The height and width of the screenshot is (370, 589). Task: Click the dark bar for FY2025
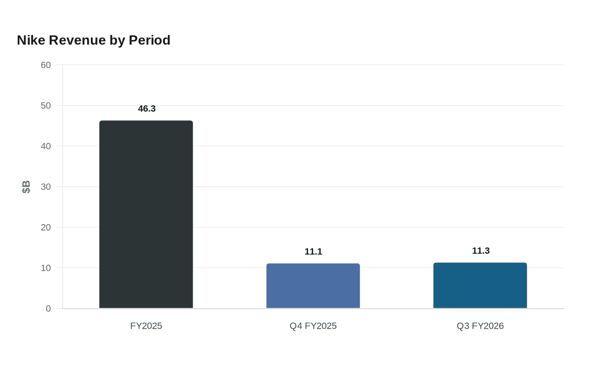(146, 214)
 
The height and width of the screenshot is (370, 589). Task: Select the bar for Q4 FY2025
(313, 285)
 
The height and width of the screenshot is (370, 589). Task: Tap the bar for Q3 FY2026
(480, 285)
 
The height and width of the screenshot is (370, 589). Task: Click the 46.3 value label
(147, 108)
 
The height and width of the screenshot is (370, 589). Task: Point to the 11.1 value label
(313, 251)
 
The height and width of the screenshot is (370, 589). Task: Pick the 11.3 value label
(480, 251)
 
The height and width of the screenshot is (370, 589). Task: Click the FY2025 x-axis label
(146, 326)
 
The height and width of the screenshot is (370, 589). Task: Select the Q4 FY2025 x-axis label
(313, 326)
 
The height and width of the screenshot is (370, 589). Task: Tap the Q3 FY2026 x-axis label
(480, 326)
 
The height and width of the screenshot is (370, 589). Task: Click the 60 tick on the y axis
(46, 65)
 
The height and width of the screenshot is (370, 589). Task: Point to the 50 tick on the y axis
(46, 106)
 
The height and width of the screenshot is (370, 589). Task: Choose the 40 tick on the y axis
(46, 146)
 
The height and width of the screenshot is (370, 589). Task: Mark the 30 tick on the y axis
(46, 187)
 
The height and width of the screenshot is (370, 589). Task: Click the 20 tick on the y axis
(46, 227)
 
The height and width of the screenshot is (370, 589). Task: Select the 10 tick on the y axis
(46, 268)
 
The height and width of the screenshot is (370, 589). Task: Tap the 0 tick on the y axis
(48, 309)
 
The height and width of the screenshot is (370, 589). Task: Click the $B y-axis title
(26, 187)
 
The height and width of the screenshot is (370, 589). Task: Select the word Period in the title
(150, 40)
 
